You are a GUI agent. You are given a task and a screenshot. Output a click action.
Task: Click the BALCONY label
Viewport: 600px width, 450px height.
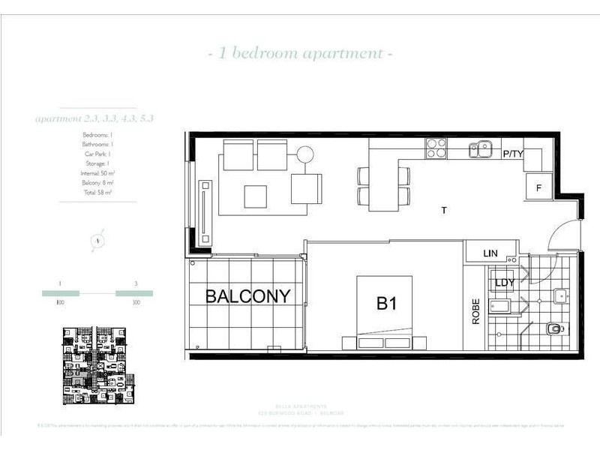(247, 296)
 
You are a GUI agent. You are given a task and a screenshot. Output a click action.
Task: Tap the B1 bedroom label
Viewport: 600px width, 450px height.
(387, 304)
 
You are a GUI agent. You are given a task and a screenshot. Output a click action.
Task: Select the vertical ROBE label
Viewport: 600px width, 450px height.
(475, 312)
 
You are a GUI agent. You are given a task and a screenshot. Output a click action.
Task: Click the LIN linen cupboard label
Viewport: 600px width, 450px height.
(491, 254)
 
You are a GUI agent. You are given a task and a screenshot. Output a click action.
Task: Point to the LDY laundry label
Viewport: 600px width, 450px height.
(505, 283)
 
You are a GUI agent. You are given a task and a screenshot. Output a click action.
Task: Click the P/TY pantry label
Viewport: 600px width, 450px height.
(514, 154)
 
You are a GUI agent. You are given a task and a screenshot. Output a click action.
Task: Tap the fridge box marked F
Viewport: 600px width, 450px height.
(538, 187)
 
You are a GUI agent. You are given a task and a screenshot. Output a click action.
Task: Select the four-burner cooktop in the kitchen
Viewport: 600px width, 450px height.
(436, 149)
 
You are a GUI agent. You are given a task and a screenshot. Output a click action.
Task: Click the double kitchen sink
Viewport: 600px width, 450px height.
(480, 150)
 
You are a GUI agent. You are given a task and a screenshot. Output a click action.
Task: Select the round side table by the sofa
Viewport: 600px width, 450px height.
(304, 155)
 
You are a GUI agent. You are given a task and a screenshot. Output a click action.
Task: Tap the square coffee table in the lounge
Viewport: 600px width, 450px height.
(256, 196)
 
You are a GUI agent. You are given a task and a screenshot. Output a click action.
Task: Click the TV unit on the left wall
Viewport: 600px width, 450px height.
(202, 211)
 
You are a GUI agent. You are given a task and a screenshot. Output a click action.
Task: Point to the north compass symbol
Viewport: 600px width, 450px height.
(97, 241)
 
